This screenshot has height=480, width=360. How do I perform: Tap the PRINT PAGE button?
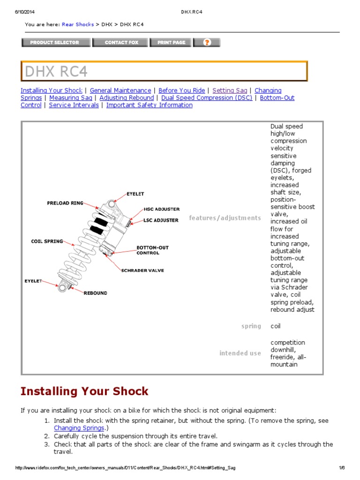tap(171, 43)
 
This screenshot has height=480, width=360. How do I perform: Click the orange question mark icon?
tap(207, 43)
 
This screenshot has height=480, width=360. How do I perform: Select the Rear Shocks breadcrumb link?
tap(77, 24)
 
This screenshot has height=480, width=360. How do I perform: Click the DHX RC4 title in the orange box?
tap(56, 72)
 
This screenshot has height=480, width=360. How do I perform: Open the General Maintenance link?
tap(120, 90)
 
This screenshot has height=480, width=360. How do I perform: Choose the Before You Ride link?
tap(182, 90)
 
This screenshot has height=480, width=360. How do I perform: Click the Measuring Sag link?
tap(71, 98)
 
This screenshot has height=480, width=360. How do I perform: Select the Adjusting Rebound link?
tap(127, 98)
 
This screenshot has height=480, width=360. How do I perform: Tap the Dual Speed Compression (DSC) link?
tap(207, 98)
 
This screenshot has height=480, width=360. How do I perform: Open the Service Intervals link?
tap(74, 105)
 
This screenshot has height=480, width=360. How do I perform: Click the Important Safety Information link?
tap(150, 105)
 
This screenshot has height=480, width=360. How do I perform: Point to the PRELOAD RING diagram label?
tap(65, 203)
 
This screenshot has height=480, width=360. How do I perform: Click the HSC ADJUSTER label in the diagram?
tap(161, 209)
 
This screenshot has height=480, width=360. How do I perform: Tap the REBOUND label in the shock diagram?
tap(95, 293)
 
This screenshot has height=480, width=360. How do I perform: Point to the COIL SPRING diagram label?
tap(47, 241)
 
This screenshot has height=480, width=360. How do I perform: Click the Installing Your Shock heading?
tap(84, 391)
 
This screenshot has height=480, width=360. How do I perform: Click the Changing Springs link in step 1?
tap(78, 428)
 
